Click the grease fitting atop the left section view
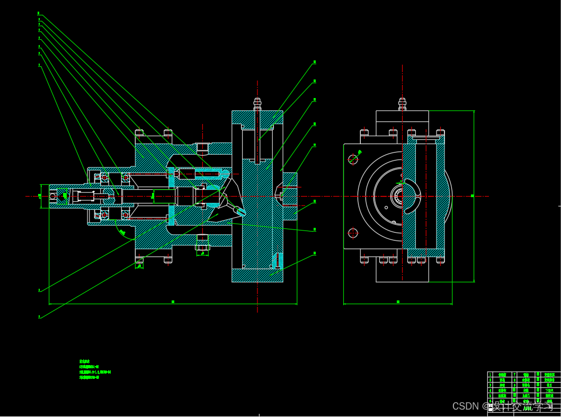(x=257, y=102)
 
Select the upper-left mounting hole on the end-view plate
(x=353, y=158)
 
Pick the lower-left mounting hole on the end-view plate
(x=353, y=232)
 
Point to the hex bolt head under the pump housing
(x=202, y=247)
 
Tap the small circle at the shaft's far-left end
(x=53, y=196)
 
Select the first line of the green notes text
(x=85, y=361)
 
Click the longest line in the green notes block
(x=95, y=372)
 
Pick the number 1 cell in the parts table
(x=490, y=375)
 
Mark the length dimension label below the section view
(x=173, y=301)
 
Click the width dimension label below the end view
(x=398, y=301)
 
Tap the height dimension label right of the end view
(x=472, y=196)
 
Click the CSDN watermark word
(x=465, y=406)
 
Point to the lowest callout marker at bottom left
(x=39, y=317)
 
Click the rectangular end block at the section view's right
(x=289, y=196)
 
